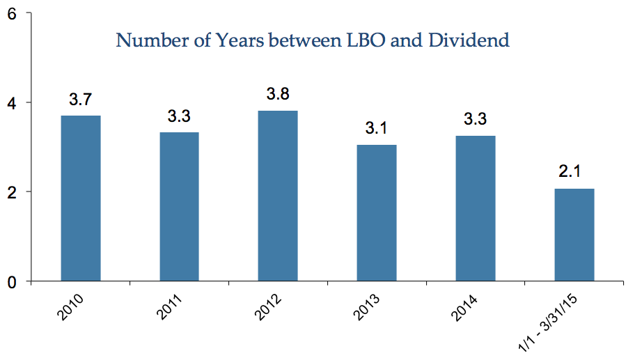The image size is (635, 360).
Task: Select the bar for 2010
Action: pyautogui.click(x=81, y=198)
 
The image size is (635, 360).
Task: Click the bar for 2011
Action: pyautogui.click(x=180, y=207)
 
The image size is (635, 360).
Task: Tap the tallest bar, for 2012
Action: pyautogui.click(x=278, y=196)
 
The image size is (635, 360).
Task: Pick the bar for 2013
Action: pyautogui.click(x=377, y=212)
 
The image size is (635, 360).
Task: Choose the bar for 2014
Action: pyautogui.click(x=476, y=208)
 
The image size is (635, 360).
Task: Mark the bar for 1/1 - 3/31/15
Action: pyautogui.click(x=574, y=235)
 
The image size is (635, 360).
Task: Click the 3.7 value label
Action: pyautogui.click(x=81, y=99)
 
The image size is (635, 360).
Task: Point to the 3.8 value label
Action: pyautogui.click(x=278, y=93)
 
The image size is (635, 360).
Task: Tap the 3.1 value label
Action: pyautogui.click(x=376, y=128)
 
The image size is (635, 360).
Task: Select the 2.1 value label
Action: pyautogui.click(x=570, y=171)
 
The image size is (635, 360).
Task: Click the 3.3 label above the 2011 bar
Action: pyautogui.click(x=180, y=116)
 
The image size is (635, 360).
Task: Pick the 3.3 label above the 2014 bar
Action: pyautogui.click(x=476, y=119)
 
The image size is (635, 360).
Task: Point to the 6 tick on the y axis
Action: pyautogui.click(x=12, y=14)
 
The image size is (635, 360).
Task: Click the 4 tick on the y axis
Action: pyautogui.click(x=12, y=104)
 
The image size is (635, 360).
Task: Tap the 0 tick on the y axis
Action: pyautogui.click(x=12, y=282)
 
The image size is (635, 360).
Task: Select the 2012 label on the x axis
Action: pyautogui.click(x=268, y=307)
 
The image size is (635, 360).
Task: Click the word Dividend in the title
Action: pyautogui.click(x=469, y=40)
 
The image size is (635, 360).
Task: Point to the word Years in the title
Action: pyautogui.click(x=240, y=40)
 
